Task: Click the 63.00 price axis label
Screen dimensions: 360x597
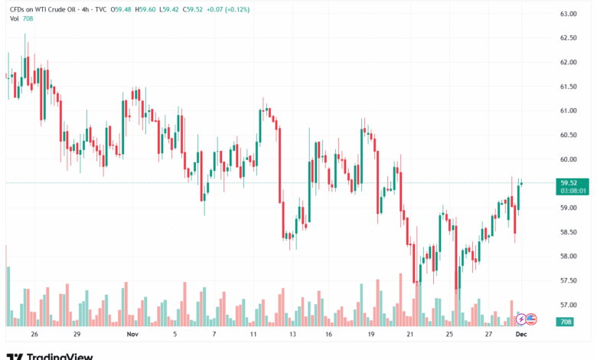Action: (x=568, y=14)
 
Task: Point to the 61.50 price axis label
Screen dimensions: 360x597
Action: (x=568, y=87)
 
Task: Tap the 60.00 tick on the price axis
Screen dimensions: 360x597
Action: (x=568, y=159)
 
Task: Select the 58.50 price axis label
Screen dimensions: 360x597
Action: (x=568, y=232)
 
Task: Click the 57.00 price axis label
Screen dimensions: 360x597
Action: (x=568, y=305)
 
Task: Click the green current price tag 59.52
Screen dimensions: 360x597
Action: (x=568, y=183)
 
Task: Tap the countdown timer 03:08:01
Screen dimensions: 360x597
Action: (x=572, y=191)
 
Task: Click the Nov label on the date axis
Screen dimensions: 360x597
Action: (x=132, y=335)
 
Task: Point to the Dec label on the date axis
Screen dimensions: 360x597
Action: (x=521, y=335)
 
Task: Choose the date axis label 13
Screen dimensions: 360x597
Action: (x=292, y=335)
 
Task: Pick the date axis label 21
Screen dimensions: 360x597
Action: (x=410, y=335)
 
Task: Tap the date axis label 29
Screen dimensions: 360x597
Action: (x=77, y=335)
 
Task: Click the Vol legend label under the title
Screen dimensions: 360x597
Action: (x=15, y=18)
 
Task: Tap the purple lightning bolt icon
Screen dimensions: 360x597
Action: (x=521, y=319)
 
